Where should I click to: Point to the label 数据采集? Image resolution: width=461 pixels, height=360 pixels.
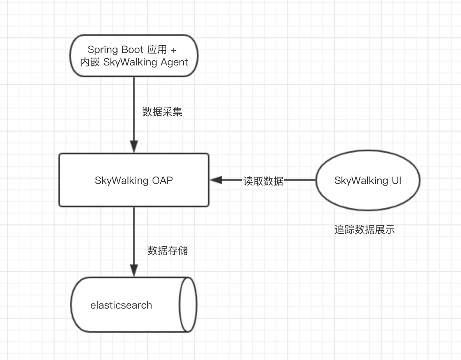(162, 112)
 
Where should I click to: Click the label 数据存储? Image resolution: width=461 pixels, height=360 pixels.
(168, 251)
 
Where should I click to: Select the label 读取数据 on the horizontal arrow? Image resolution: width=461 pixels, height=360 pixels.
(263, 181)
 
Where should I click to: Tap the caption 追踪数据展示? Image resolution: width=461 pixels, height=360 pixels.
(364, 229)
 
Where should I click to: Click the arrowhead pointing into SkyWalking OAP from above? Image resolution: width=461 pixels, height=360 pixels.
(134, 147)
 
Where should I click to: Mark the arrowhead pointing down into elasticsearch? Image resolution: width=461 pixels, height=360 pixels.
(134, 270)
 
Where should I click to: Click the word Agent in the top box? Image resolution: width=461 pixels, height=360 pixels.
(174, 62)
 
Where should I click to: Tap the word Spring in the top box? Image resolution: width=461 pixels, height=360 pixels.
(100, 49)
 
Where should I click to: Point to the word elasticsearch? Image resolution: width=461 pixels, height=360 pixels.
(121, 305)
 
